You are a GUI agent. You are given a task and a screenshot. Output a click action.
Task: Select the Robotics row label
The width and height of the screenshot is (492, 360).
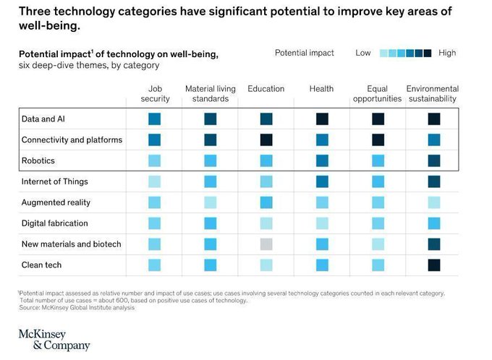[38, 160]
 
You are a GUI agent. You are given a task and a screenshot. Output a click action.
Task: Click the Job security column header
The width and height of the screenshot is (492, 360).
[155, 93]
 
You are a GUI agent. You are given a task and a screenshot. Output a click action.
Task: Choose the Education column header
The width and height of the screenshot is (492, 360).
[266, 89]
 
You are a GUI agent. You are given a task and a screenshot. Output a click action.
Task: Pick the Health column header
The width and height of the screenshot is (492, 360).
[321, 89]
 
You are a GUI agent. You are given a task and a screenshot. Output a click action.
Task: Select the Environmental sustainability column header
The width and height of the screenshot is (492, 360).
[433, 93]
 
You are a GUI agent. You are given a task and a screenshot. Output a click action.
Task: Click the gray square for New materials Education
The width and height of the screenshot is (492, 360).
[266, 244]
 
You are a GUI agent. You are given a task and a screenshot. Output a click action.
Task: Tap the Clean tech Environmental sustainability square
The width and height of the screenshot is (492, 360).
[434, 265]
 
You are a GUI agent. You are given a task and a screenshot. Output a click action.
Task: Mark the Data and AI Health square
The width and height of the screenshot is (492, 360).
[322, 119]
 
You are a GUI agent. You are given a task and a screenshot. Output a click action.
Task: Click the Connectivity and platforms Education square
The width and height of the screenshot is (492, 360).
[266, 140]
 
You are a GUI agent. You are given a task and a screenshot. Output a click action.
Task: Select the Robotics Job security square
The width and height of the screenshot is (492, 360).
[155, 160]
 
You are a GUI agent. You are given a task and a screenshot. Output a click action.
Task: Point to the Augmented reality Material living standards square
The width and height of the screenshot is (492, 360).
[210, 202]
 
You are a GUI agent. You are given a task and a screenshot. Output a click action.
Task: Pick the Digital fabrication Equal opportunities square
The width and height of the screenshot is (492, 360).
[378, 223]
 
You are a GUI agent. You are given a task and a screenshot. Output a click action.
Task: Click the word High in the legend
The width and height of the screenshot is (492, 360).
[447, 53]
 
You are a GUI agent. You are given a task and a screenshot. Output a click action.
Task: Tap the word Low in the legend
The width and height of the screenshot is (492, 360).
[363, 53]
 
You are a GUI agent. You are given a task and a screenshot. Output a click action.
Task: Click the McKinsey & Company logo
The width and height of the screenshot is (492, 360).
[54, 340]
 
